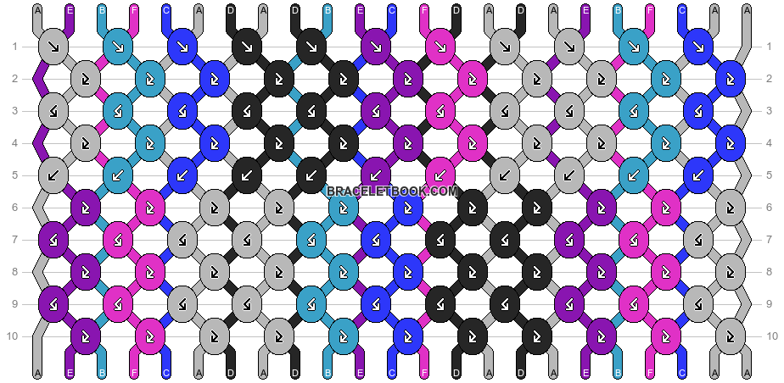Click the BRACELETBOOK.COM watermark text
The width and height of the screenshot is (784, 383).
point(392,191)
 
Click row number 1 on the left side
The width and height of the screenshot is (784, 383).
point(14,46)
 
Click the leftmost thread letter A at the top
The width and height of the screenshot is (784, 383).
point(37,10)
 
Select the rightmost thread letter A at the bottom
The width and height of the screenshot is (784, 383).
point(747,374)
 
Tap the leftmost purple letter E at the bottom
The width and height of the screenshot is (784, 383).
point(70,374)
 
